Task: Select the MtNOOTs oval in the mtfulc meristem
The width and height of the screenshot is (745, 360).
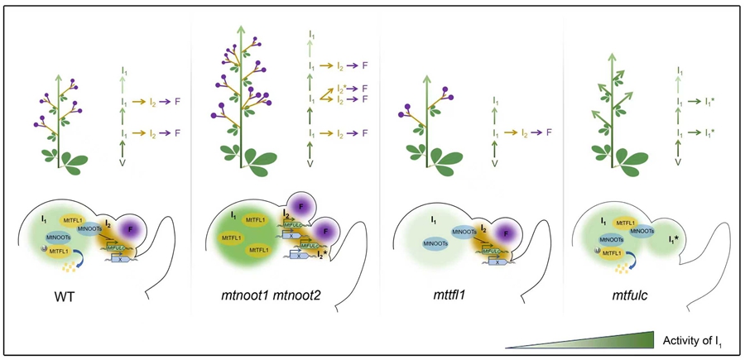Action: [x=642, y=231]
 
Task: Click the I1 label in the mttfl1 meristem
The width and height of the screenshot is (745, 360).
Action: [x=434, y=220]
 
